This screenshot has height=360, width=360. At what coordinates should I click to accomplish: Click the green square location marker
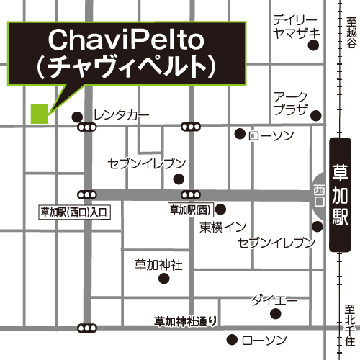[39, 114]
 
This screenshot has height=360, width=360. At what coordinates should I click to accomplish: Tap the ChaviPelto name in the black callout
[126, 40]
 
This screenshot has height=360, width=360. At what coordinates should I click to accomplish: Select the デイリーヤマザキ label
[294, 26]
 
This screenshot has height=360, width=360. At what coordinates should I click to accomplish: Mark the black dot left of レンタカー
[77, 116]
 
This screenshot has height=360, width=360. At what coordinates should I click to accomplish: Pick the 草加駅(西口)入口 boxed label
[73, 212]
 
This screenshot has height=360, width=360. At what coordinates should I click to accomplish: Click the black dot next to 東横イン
[221, 210]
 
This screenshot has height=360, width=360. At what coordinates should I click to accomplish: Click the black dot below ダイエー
[275, 314]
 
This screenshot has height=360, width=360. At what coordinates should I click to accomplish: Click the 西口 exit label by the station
[320, 192]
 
